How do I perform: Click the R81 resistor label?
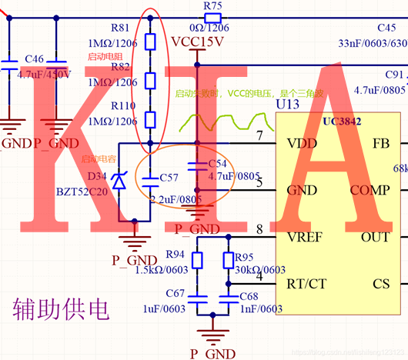pyautogui.click(x=121, y=26)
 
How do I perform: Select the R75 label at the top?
pyautogui.click(x=213, y=5)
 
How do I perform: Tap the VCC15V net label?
pyautogui.click(x=198, y=41)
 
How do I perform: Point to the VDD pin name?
pyautogui.click(x=300, y=143)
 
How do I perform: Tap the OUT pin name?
pyautogui.click(x=376, y=237)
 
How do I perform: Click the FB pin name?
pyautogui.click(x=380, y=143)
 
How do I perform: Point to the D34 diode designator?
pyautogui.click(x=97, y=176)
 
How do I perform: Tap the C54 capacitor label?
pyautogui.click(x=218, y=164)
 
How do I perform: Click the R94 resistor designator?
pyautogui.click(x=176, y=255)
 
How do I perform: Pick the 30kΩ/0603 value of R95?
pyautogui.click(x=260, y=269)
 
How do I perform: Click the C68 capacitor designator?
pyautogui.click(x=249, y=296)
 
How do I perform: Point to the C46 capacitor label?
pyautogui.click(x=34, y=58)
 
